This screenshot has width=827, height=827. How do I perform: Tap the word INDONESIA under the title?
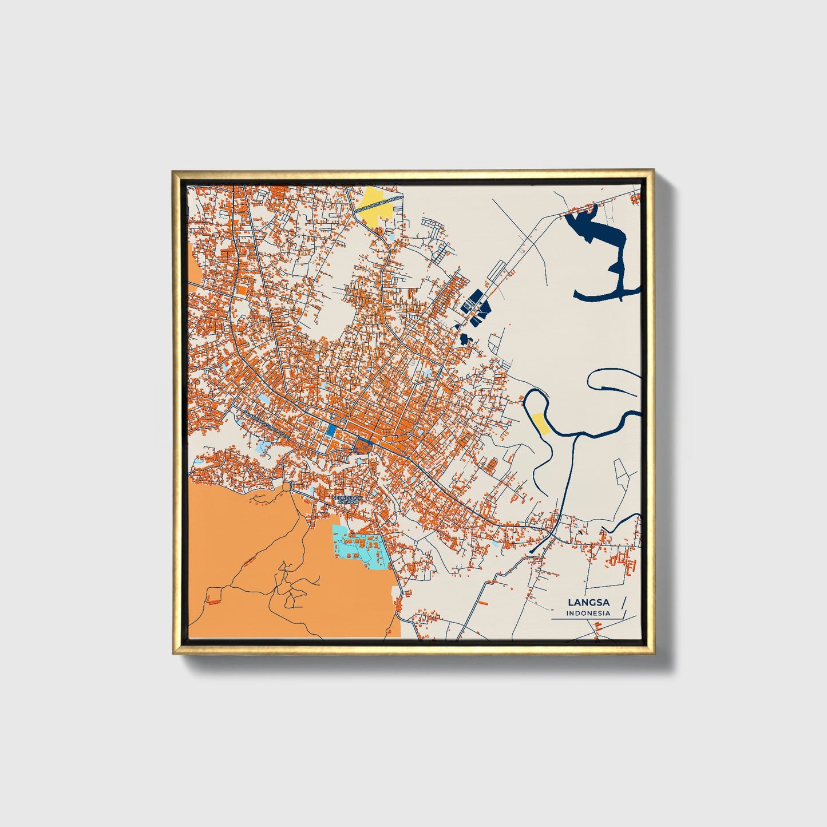tap(588, 613)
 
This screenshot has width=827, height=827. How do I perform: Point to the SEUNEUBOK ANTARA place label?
tap(347, 500)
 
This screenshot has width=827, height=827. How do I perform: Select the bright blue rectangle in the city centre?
tap(331, 432)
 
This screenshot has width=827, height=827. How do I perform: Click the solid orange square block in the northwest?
tap(241, 290)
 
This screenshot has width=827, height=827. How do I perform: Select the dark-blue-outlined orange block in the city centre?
tap(362, 445)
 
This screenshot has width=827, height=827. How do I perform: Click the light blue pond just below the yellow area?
tap(390, 235)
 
